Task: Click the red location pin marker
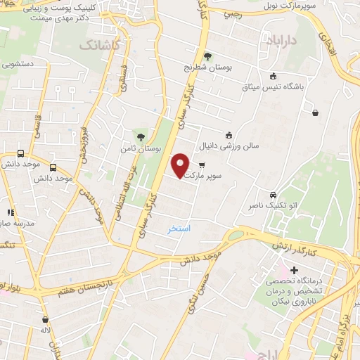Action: [x=181, y=165]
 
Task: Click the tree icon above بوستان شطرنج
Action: [x=207, y=57]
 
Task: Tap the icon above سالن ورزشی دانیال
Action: [x=228, y=135]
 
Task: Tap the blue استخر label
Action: [x=179, y=230]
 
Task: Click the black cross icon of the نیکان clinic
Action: [x=294, y=271]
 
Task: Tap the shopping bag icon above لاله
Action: [x=46, y=319]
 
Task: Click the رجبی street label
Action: [x=231, y=13]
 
